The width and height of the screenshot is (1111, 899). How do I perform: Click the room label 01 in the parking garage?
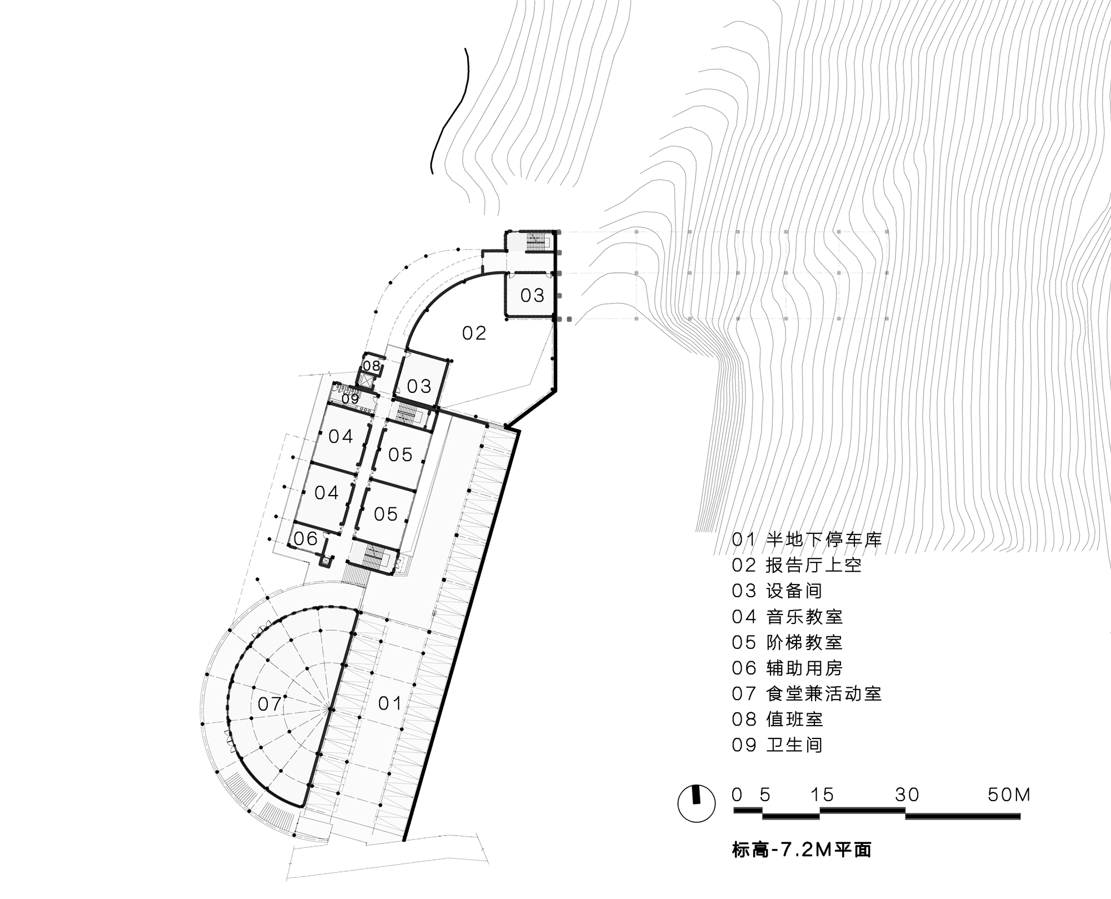coord(389,703)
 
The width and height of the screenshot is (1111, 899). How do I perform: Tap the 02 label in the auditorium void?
coord(474,333)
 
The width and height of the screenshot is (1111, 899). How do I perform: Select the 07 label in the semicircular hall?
coord(269,704)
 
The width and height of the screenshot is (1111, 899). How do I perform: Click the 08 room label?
coord(372,366)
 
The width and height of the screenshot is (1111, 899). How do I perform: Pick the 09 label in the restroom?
coord(350,398)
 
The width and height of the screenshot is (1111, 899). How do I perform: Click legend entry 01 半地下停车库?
coord(807,540)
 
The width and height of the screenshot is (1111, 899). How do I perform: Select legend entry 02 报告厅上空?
coord(797,565)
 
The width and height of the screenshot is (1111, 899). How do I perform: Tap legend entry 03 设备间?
coord(777,591)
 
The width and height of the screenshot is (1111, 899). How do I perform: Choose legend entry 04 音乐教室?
coord(787,616)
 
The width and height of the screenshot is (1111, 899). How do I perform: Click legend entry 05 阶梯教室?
coord(787,642)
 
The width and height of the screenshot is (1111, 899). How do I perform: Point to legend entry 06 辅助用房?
coord(787,668)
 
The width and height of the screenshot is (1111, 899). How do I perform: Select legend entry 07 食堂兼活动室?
coord(807,693)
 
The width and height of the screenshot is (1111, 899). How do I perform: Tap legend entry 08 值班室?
coord(777,720)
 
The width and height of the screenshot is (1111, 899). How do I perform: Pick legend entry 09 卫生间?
coord(777,745)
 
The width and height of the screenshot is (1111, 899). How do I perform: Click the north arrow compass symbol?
coord(697,803)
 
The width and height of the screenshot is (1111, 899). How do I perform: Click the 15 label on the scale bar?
coord(822,795)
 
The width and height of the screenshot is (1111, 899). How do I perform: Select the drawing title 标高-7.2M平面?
coord(802,850)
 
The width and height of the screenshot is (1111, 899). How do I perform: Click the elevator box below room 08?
coord(367,381)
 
